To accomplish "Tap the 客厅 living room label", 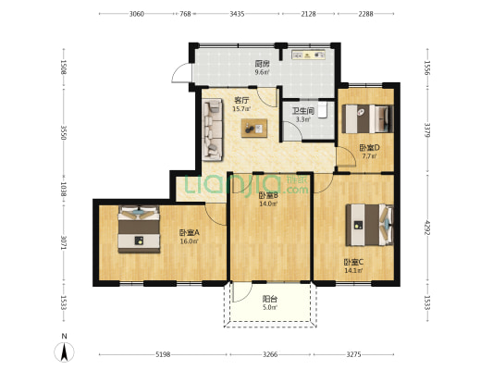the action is (x=241, y=101).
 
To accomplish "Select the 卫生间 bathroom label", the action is (x=303, y=111).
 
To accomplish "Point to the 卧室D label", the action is (x=369, y=147).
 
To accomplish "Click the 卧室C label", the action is (x=353, y=262).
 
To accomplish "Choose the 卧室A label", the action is (x=190, y=233).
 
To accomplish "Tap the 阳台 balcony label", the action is (x=270, y=299).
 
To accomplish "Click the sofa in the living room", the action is (x=213, y=129).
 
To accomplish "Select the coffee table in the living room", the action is (x=254, y=128).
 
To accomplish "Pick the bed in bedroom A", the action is (x=139, y=229).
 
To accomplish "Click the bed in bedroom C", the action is (x=369, y=225).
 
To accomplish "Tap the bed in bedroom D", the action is (x=367, y=118).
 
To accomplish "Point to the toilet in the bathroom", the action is (x=323, y=110).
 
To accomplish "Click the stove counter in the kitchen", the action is (x=308, y=55).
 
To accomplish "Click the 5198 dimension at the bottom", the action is (x=163, y=354).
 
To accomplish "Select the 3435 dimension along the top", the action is (x=237, y=14).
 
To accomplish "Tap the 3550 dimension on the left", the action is (x=64, y=133).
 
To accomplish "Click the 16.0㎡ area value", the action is (x=189, y=241).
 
